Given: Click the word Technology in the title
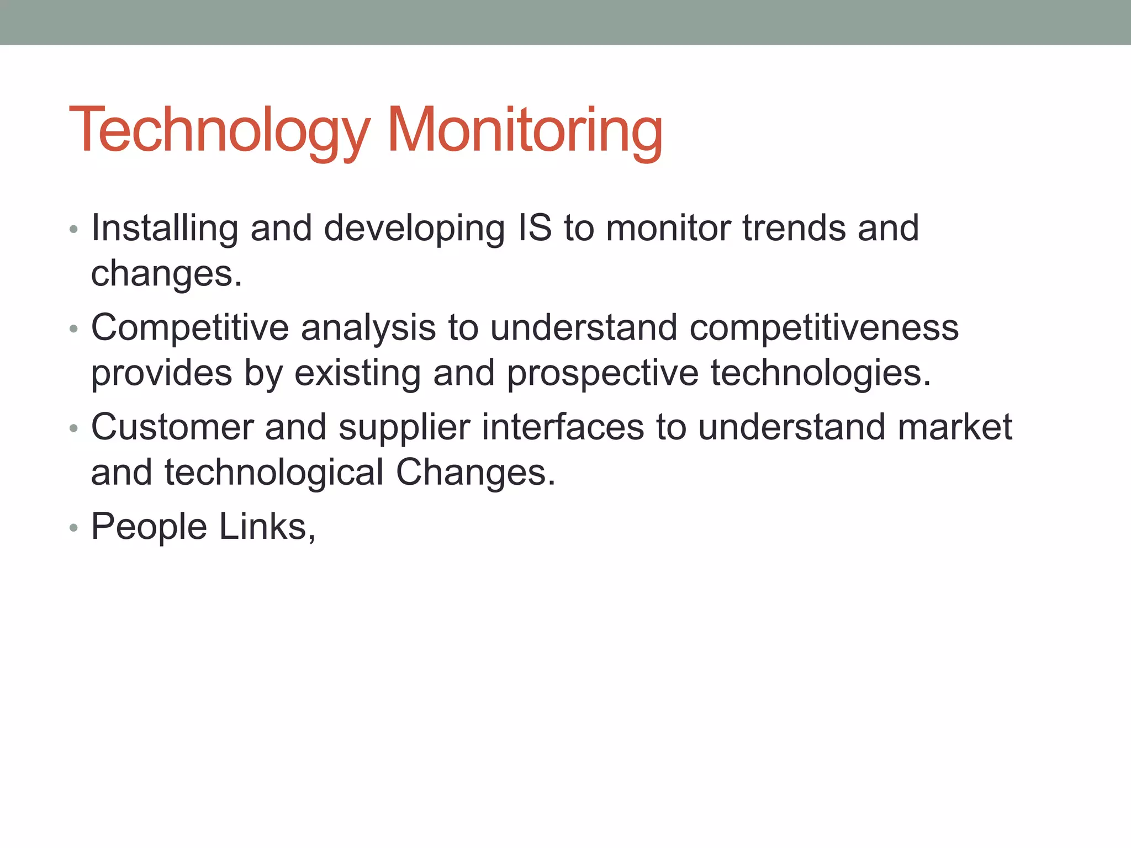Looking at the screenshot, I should point(219,130).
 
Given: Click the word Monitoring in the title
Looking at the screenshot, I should point(524,130).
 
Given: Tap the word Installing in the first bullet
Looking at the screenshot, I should point(165,228).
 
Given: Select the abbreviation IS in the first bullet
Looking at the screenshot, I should point(535,228).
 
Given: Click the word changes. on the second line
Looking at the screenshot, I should point(166,274).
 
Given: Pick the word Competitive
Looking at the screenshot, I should point(190,328).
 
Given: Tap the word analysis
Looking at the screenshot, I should point(368,328).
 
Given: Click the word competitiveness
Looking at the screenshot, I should point(824,328).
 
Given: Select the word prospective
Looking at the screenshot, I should point(603,374).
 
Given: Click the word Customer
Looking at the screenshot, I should point(172,427).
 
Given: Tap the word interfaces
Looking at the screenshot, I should point(563,427).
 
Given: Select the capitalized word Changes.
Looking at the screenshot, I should point(475,473).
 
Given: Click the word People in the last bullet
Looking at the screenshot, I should point(149,527).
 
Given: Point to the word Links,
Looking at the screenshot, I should point(267,527).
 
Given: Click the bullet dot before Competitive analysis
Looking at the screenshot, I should point(74,330).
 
